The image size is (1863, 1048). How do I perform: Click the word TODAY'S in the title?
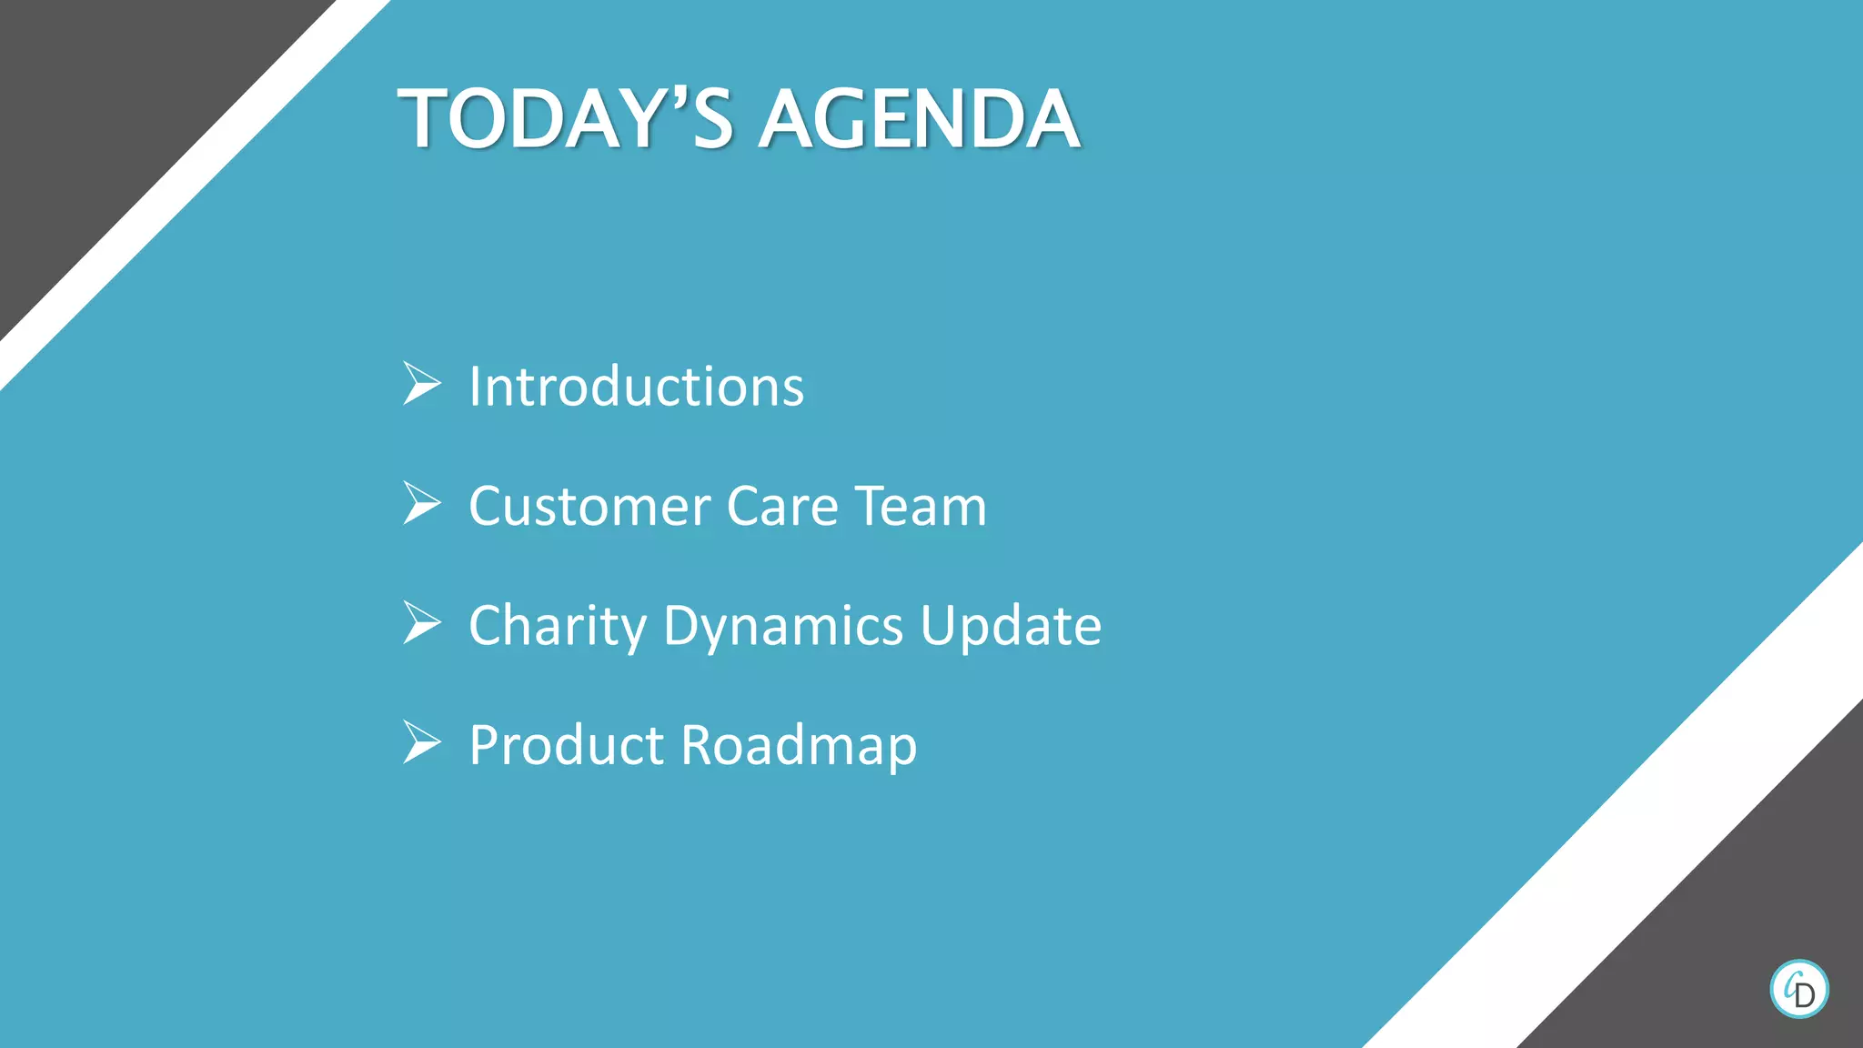coord(565,119)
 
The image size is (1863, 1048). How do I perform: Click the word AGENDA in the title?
coord(920,119)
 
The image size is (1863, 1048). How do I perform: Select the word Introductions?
coord(636,387)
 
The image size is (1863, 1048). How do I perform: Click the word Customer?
coord(589,507)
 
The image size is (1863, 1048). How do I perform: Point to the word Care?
coord(782,507)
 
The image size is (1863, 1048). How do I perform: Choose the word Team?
coord(921,507)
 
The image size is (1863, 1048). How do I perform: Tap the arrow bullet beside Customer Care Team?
coord(422,503)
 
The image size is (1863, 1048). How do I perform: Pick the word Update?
coord(1010,627)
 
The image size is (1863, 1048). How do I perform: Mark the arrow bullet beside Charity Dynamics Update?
coord(422,623)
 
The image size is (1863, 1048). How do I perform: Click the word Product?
coord(566,746)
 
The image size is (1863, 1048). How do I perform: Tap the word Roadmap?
coord(799,746)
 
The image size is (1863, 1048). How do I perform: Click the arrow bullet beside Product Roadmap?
coord(422,742)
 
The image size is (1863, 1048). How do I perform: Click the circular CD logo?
coord(1798,989)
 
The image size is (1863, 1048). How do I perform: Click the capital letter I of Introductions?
coord(475,387)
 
